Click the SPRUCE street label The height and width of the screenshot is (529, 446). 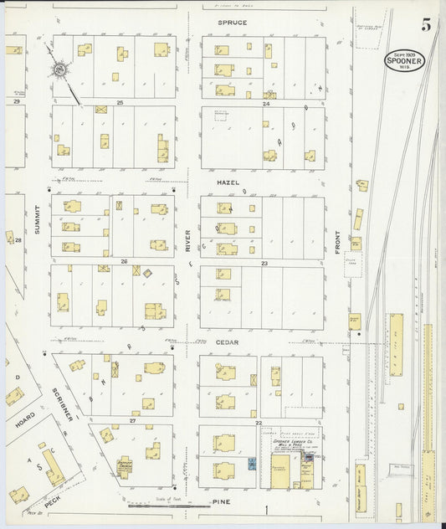coord(232,22)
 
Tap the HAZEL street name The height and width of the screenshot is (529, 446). coord(228,182)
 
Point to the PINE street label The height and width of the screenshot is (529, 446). coord(222,502)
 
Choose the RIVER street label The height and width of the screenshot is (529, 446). coord(188,241)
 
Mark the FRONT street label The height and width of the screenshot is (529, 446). coord(339,242)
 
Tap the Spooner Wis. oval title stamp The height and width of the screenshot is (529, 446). coord(404,60)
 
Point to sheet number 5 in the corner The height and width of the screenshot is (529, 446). coord(427,24)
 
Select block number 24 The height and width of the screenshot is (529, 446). coord(266,103)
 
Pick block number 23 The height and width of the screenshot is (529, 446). coord(264,264)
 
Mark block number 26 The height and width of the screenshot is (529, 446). coord(123,261)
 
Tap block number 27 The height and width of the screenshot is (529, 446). coord(132,421)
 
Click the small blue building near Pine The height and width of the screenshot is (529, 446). coord(251,463)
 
